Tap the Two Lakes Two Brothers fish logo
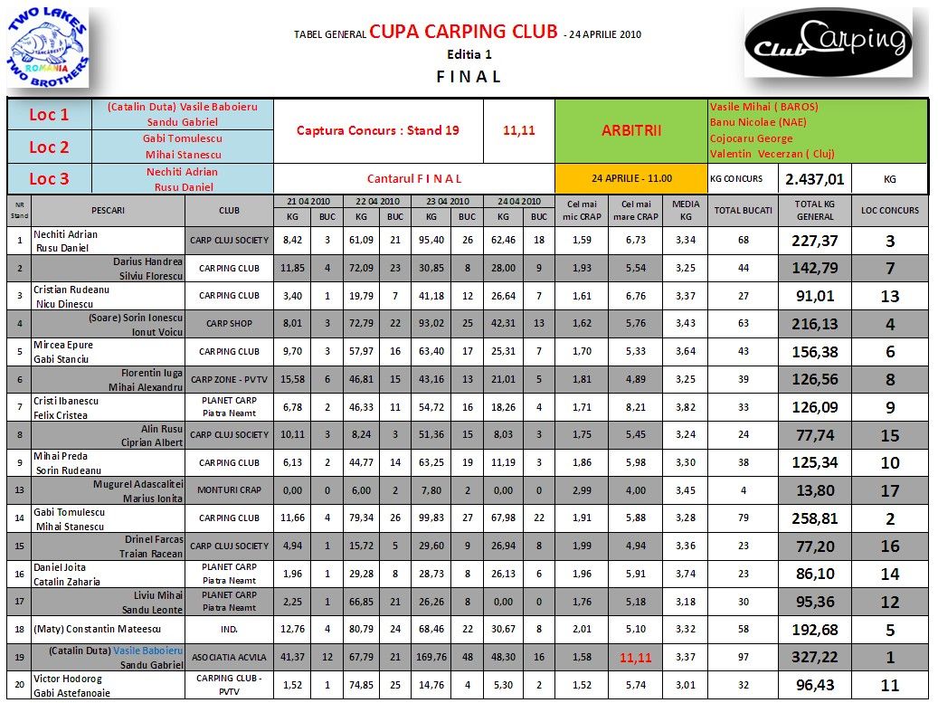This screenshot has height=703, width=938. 49,50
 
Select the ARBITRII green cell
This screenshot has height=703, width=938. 630,130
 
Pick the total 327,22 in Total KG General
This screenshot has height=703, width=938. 815,658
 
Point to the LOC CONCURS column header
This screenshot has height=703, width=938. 889,211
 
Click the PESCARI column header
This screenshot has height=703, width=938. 108,211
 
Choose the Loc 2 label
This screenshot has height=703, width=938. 49,147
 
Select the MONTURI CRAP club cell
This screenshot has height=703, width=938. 230,490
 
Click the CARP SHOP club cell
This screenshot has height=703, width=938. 230,323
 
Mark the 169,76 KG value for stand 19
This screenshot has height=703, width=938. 431,658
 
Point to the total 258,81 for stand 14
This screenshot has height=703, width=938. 815,518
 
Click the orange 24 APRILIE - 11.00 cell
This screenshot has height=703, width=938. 630,178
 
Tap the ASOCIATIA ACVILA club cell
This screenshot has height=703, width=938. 230,658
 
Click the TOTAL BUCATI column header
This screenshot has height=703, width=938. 744,211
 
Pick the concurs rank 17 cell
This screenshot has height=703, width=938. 889,490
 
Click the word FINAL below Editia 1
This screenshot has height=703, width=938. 469,76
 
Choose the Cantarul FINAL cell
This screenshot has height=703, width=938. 414,178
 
